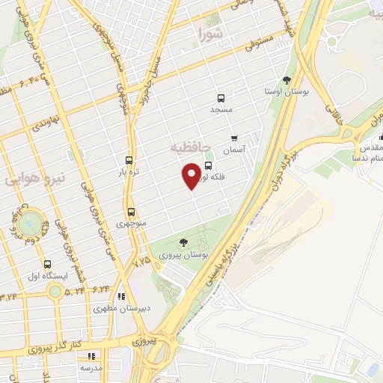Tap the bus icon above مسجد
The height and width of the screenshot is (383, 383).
coord(221,98)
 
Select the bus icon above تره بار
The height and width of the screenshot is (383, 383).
coord(129,160)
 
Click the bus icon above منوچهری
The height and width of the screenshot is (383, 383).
coord(132,211)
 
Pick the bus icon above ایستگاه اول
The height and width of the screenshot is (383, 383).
coord(48,264)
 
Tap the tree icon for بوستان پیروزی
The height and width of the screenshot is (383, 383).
coord(183,242)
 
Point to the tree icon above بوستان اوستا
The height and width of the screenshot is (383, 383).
coord(287,79)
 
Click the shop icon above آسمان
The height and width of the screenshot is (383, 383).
coord(235,138)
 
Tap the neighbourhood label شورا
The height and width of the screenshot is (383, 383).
coord(209,34)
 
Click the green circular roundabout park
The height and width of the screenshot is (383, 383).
coord(31,222)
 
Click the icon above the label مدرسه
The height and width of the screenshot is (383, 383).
coord(91,357)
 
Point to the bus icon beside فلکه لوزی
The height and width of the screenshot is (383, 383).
coord(208,166)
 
